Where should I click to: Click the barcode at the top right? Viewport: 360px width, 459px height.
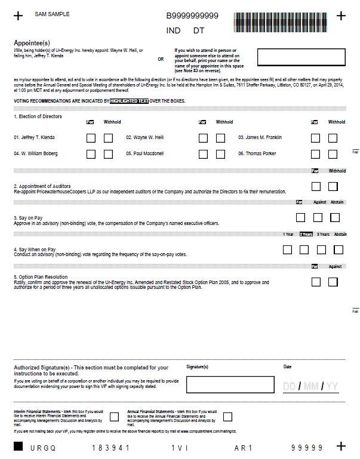coord(281,22)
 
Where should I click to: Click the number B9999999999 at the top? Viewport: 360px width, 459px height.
coord(192,16)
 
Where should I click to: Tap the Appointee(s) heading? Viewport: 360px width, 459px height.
coord(32,43)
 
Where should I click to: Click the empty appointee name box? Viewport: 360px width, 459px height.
coord(301,57)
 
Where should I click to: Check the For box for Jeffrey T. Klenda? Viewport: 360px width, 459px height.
coord(91,138)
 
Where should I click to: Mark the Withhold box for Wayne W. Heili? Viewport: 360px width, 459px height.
coord(220,138)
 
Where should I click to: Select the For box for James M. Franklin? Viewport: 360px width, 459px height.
coord(315,138)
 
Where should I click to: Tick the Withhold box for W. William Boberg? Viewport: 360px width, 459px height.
coord(108,154)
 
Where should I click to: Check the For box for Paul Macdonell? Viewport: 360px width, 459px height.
coord(203,154)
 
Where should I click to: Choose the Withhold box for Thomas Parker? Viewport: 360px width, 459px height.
coord(333,154)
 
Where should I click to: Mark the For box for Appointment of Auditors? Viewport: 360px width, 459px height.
coord(316,187)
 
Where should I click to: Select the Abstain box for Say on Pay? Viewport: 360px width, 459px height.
coord(335,218)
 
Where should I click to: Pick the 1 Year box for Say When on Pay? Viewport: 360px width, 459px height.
coord(288,249)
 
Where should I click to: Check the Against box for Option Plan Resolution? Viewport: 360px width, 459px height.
coord(333,282)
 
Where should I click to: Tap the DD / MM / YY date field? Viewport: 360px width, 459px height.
coord(310,387)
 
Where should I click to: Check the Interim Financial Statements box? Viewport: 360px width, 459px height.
coord(115,417)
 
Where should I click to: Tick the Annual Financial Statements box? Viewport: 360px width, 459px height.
coord(227,417)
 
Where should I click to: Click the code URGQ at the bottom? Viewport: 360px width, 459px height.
coord(42,448)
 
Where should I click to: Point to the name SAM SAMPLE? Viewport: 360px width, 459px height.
coord(52,14)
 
